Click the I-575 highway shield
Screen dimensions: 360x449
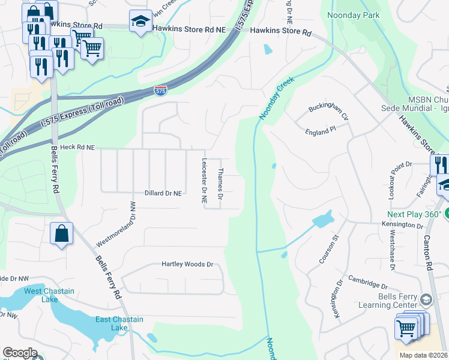coord(160,91)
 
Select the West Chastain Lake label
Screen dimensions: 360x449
coord(49,295)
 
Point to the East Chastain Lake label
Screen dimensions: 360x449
coord(119,323)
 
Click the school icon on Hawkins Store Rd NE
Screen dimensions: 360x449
coord(140,22)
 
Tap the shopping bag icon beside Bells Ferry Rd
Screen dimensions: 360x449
coord(62,233)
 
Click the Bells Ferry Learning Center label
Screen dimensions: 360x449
coord(397,301)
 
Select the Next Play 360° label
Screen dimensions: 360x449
coord(414,214)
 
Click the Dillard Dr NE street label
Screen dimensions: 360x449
coord(163,193)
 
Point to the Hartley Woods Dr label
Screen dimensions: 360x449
coord(187,264)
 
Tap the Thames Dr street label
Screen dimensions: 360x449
coord(220,184)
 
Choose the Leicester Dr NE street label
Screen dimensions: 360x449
coord(205,182)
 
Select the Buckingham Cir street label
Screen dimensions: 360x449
coord(328,111)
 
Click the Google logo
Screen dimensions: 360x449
coord(20,353)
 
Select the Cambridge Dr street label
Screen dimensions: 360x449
coord(367,284)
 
